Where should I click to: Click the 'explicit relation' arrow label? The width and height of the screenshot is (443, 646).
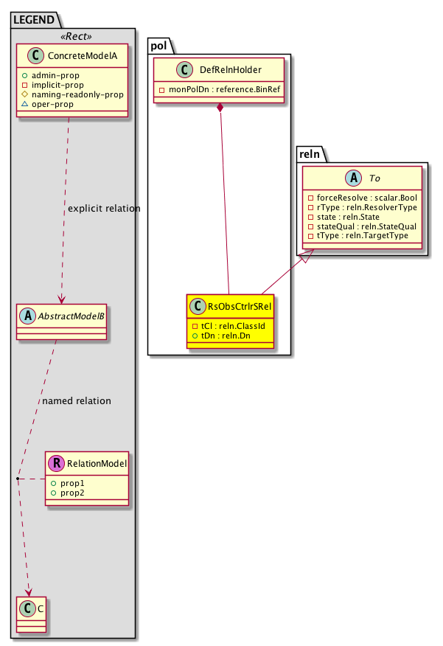(103, 209)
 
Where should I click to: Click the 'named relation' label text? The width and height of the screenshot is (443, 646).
(77, 401)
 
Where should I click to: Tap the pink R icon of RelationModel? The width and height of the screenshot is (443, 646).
(55, 464)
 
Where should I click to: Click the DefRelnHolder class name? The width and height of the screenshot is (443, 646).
(230, 70)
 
